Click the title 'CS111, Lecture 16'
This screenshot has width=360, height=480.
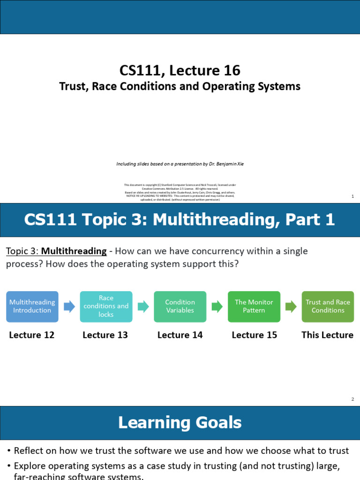[180, 70]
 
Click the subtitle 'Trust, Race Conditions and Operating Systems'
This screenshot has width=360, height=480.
[180, 86]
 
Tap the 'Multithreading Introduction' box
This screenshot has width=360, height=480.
[32, 307]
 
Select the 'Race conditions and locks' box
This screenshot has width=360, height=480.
[106, 307]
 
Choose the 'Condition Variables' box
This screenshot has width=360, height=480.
[180, 307]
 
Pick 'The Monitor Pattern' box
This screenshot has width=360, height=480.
[254, 307]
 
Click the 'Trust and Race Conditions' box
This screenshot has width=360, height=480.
[328, 307]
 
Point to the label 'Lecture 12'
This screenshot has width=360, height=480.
[32, 335]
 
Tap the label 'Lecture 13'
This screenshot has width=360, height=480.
[105, 335]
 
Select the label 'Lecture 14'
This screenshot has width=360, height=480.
[180, 335]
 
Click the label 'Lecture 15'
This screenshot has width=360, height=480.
[254, 335]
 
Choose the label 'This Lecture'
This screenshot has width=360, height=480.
[327, 335]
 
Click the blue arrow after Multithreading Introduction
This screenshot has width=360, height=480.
[69, 307]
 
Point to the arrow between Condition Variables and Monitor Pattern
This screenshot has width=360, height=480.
[217, 307]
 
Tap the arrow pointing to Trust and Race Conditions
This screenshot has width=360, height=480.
[291, 307]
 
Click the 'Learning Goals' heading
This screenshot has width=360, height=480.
[180, 423]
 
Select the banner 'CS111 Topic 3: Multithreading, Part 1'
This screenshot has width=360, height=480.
[180, 220]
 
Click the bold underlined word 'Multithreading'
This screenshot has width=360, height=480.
[74, 251]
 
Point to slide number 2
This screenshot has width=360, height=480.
[352, 399]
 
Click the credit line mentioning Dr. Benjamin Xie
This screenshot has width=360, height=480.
[180, 164]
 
